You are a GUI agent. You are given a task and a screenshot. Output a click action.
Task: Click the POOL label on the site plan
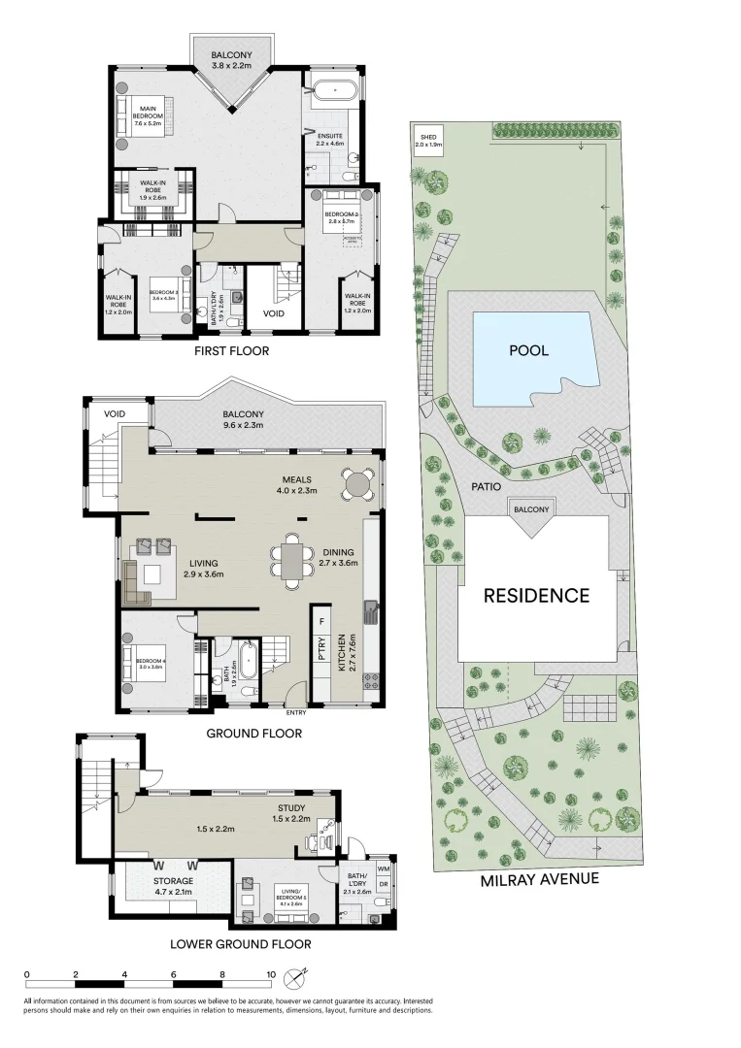pos(528,350)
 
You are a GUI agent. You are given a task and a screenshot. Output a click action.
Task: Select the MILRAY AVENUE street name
pos(540,879)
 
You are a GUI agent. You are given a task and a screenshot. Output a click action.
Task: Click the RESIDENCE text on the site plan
pos(537,595)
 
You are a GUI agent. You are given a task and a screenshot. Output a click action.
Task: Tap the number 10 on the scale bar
pos(271,974)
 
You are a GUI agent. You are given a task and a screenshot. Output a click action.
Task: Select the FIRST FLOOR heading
pos(230,350)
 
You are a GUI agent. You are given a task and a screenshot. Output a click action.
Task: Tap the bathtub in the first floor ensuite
pos(335,90)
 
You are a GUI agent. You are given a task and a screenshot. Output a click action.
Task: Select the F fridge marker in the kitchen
pos(320,618)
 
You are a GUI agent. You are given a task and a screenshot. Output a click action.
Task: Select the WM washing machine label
pos(383,868)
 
